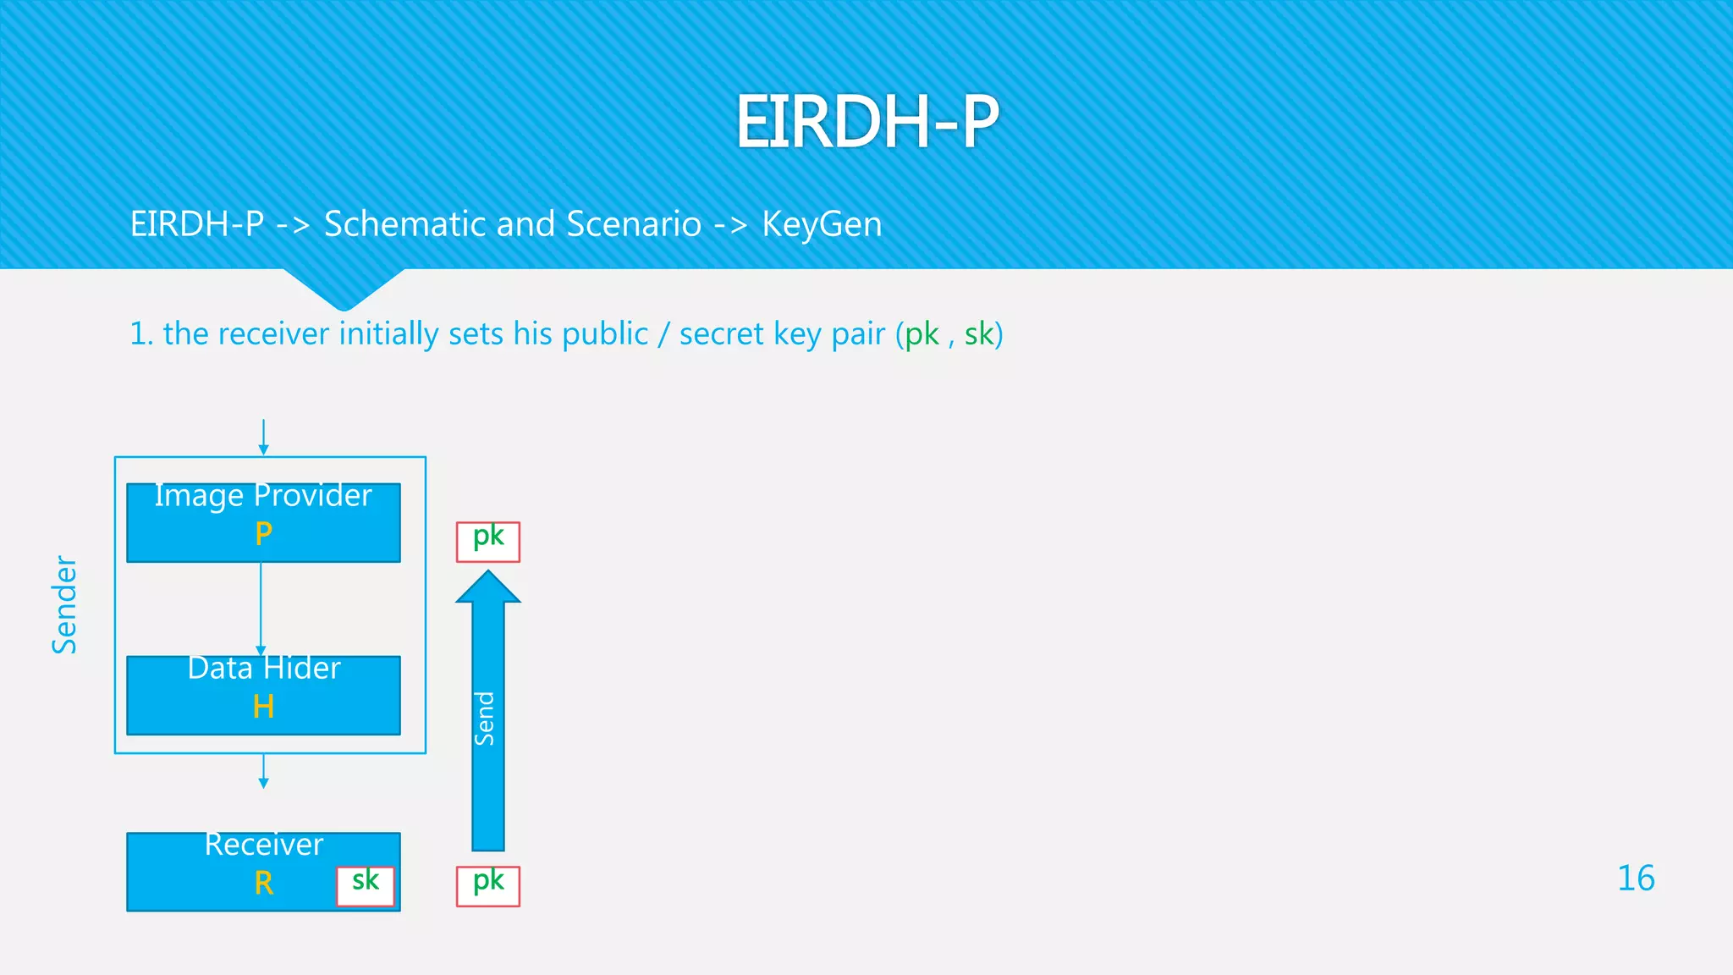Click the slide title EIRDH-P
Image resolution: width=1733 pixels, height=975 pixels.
(x=866, y=122)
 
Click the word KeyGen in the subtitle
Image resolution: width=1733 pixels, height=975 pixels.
(x=822, y=224)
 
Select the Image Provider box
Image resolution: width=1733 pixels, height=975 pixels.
(x=263, y=521)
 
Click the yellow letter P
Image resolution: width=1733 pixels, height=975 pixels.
(x=263, y=533)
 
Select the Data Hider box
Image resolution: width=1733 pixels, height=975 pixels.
(x=263, y=694)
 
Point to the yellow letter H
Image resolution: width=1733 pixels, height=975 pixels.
(x=263, y=707)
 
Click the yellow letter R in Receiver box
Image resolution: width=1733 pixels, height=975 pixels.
(x=263, y=884)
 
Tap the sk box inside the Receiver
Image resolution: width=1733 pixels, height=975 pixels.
(x=366, y=885)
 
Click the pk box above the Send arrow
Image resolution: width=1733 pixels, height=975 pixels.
(x=488, y=542)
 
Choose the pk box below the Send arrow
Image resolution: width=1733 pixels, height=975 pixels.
(x=488, y=885)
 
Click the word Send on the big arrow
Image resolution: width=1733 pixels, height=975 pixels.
(x=485, y=719)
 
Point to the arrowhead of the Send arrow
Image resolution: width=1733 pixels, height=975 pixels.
(x=488, y=587)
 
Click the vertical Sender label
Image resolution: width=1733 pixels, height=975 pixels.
(x=65, y=604)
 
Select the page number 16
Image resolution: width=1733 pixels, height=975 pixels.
(x=1636, y=879)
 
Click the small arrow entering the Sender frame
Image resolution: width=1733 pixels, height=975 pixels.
(x=263, y=437)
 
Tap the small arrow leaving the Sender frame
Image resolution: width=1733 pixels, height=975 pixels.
(x=263, y=771)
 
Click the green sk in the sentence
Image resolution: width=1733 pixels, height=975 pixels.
(x=979, y=334)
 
